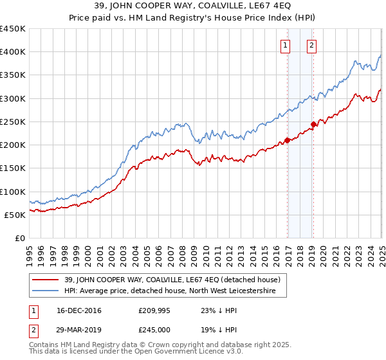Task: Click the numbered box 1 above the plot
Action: click(285, 46)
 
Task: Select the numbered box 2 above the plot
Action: click(311, 46)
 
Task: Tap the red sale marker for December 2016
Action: click(288, 140)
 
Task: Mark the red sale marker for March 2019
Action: click(313, 124)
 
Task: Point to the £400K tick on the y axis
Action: click(14, 52)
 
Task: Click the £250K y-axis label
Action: click(14, 122)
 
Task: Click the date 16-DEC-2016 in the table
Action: click(74, 310)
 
